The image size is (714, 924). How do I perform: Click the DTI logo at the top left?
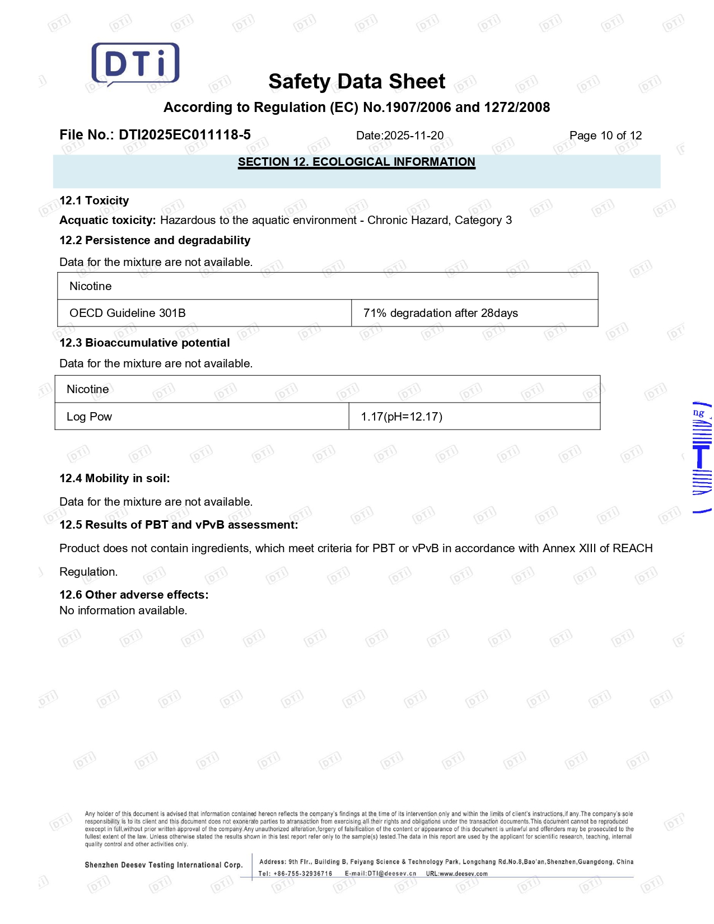pos(136,64)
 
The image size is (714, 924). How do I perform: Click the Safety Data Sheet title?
pos(357,82)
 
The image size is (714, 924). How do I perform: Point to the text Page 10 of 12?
pos(605,136)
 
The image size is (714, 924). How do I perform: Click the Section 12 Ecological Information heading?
pos(356,162)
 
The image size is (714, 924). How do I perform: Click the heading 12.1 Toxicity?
pos(94,200)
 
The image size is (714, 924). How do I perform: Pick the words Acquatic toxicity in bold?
pos(108,220)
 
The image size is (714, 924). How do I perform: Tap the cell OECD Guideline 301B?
pos(128,313)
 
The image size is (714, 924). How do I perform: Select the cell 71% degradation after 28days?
pos(441,313)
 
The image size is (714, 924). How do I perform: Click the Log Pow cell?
pos(90,417)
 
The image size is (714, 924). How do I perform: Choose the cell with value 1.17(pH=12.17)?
pos(402,417)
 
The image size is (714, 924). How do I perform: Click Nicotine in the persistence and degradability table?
pos(91,286)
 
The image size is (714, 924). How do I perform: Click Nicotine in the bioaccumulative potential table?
pos(88,389)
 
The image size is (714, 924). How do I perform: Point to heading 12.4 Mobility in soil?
pos(115,478)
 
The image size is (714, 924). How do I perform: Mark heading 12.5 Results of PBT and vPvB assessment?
pos(179,525)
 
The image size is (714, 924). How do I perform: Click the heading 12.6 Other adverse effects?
pos(134,595)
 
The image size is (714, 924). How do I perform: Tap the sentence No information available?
pos(123,610)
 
